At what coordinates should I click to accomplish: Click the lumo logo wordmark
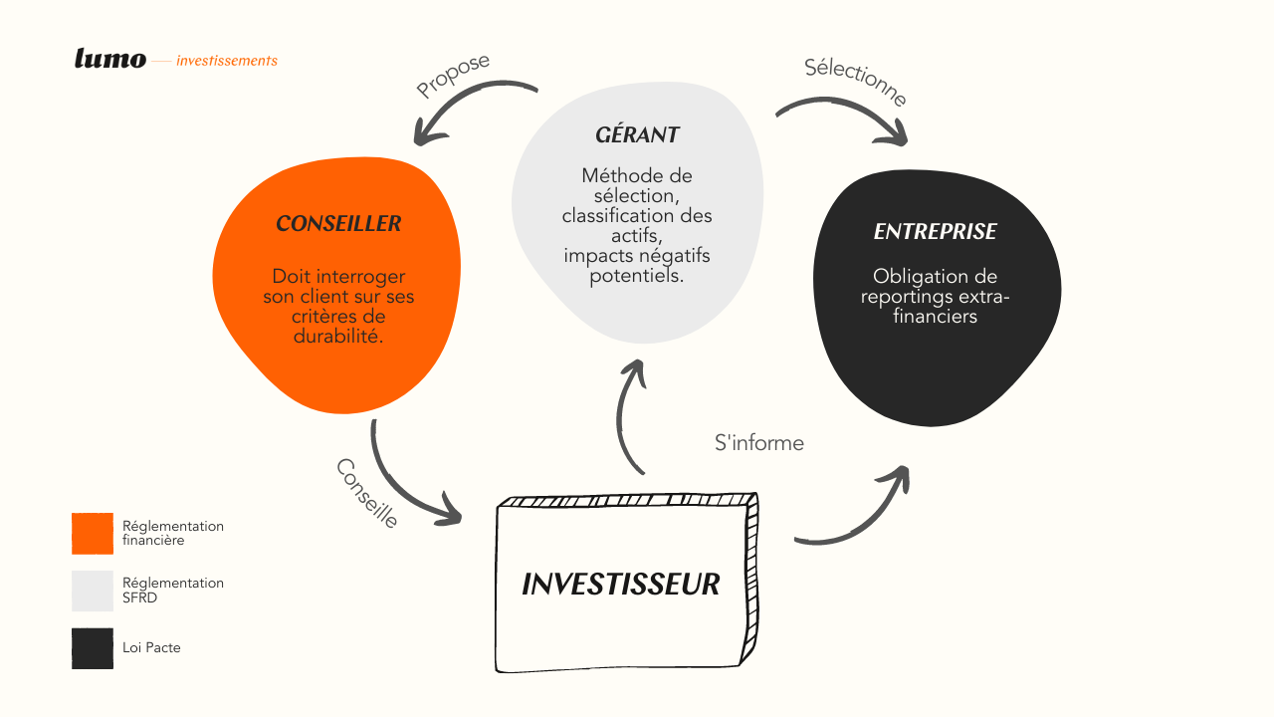coord(110,59)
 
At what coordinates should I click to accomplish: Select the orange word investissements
coord(227,61)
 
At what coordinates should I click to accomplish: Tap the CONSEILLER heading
coord(338,224)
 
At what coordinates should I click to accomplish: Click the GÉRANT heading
coord(637,134)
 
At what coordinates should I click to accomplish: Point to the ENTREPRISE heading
coord(935,232)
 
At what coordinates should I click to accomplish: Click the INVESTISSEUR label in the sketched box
coord(620,585)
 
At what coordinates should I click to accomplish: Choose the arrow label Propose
coord(453,76)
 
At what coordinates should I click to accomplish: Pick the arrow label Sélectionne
coord(855,82)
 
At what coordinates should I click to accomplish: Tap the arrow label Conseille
coord(367,493)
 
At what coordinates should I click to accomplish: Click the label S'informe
coord(759,443)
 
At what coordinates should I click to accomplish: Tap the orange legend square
coord(93,534)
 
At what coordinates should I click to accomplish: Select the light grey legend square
coord(93,591)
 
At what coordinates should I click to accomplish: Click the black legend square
coord(93,648)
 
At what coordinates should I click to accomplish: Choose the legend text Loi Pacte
coord(151,647)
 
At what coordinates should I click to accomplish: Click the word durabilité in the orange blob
coord(337,337)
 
